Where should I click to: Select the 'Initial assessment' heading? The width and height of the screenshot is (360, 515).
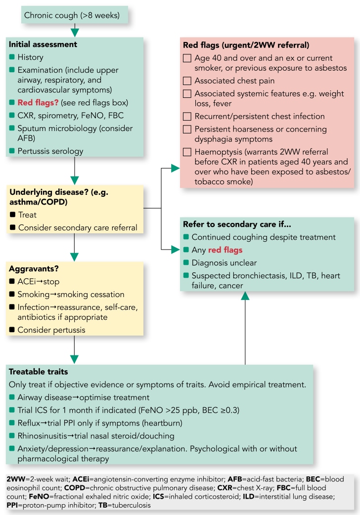point(43,44)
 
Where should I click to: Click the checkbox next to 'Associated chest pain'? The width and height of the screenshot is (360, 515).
point(186,81)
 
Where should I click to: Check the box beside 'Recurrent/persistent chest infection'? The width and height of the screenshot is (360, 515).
point(186,117)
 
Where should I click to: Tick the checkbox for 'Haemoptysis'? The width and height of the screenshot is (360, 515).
point(186,152)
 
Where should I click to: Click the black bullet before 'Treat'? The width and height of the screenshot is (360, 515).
point(12,215)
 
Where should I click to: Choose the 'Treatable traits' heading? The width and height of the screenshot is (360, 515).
point(38,372)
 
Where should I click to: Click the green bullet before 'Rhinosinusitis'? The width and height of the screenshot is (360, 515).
point(12,435)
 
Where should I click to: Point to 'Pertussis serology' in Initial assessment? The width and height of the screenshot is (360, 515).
point(50,151)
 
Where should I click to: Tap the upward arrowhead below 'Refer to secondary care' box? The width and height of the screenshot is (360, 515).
point(245,296)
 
